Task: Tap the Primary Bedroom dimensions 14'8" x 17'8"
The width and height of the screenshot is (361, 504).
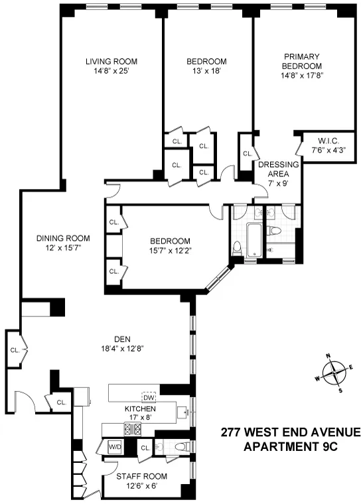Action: point(302,76)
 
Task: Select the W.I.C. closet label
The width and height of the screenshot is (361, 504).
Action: point(320,141)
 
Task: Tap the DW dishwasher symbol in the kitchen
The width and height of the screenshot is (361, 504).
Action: point(149,397)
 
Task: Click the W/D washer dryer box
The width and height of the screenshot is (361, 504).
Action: point(115,448)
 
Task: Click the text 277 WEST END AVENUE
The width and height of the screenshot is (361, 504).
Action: point(290,433)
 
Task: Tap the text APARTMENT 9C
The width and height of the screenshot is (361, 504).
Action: point(290,447)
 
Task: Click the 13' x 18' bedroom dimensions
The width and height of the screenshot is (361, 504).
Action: point(205,71)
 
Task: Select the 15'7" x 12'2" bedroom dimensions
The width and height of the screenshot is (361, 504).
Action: point(169,251)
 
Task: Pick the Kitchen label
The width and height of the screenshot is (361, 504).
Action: point(140,409)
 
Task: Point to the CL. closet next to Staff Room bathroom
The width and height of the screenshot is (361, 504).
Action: point(145,449)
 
